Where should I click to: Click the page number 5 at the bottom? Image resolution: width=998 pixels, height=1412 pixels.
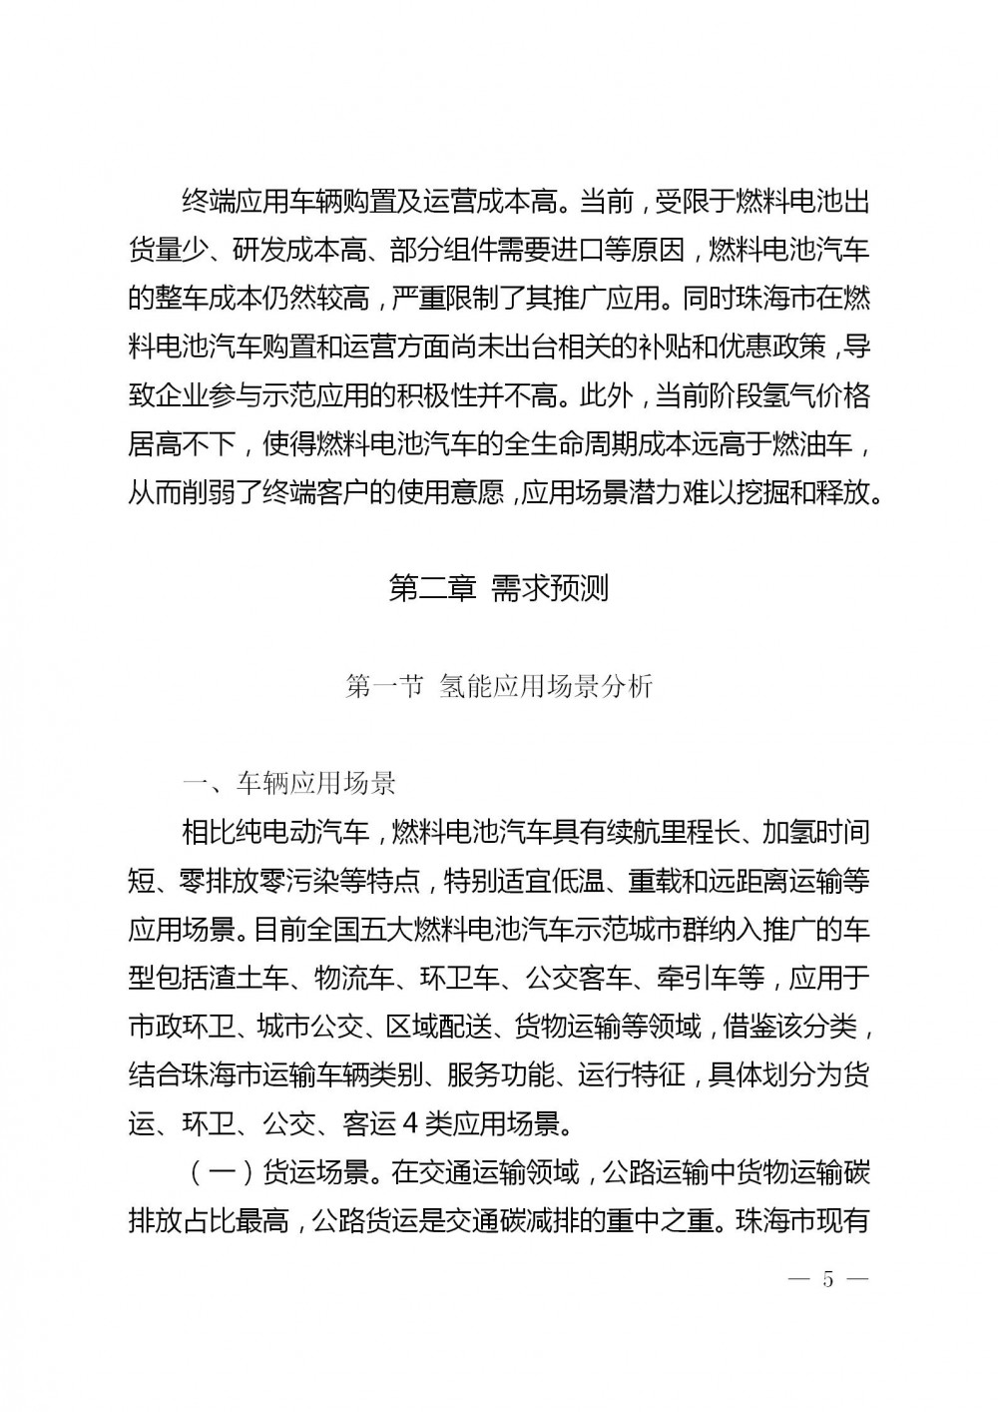click(826, 1280)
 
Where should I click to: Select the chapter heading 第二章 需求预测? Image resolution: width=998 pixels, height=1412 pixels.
click(498, 589)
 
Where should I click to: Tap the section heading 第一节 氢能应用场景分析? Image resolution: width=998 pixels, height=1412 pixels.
click(498, 687)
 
